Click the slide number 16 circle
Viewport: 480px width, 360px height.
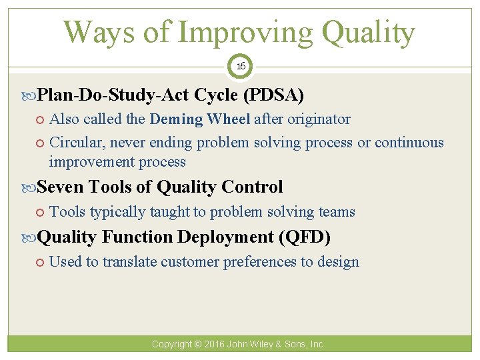pos(240,67)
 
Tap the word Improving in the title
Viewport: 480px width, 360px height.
pos(243,32)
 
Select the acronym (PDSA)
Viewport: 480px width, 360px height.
pos(274,95)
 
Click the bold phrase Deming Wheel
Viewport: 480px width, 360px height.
pos(200,119)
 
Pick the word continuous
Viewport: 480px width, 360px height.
pos(409,143)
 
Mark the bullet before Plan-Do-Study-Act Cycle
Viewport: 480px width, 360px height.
pos(30,96)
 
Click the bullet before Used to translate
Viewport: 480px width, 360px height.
pos(41,262)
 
